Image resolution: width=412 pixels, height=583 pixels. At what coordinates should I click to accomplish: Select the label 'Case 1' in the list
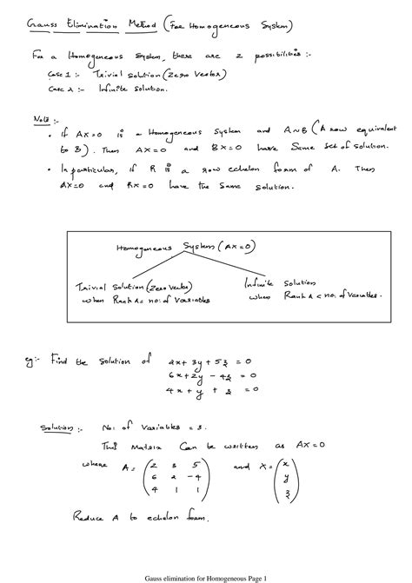point(61,75)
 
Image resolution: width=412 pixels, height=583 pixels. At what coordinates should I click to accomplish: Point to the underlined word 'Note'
point(41,116)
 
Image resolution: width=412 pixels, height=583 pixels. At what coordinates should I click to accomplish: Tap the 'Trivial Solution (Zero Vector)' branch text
point(125,287)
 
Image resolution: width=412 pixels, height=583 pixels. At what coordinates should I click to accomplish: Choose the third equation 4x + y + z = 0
point(206,391)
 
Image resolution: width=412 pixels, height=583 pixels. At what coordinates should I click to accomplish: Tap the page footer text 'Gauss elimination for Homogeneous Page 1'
point(205,574)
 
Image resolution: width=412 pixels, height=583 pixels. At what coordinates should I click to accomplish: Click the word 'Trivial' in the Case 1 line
point(101,75)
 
